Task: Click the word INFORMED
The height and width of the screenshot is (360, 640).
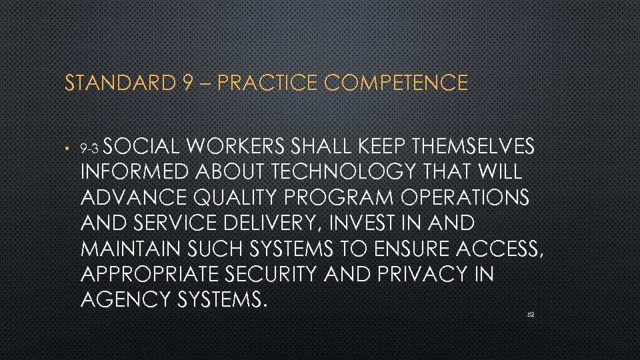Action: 135,171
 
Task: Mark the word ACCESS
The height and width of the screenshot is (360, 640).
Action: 501,249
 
